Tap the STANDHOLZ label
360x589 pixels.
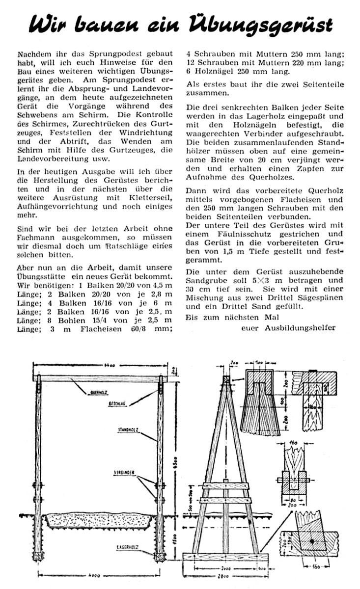point(127,429)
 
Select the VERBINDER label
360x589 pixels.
point(124,475)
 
